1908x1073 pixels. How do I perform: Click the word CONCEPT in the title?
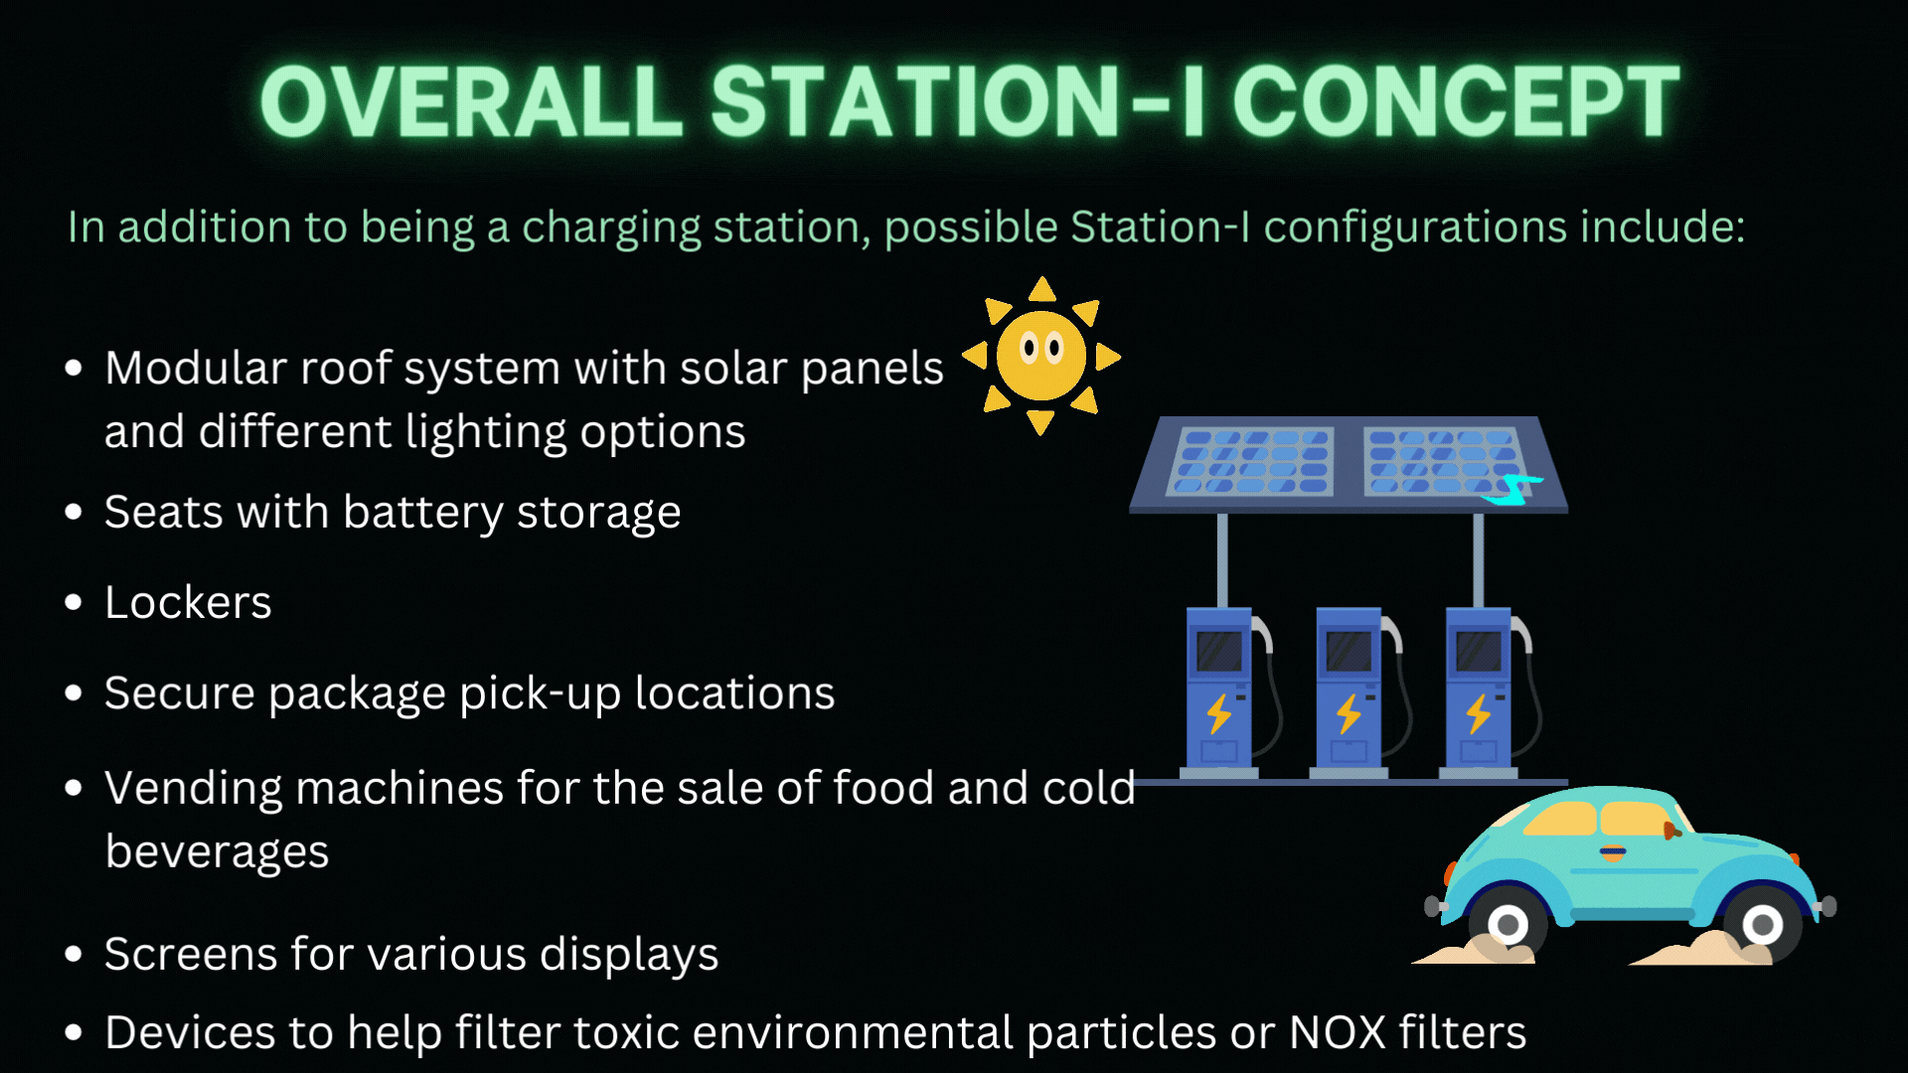pos(1456,101)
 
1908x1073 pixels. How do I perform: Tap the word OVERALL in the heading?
pos(471,101)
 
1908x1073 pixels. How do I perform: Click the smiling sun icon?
pos(1041,356)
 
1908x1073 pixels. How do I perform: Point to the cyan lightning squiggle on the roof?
pos(1511,490)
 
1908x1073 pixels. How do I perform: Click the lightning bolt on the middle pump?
pos(1349,713)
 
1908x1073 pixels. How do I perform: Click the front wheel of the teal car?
pos(1762,925)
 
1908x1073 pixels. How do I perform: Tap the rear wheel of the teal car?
pos(1508,925)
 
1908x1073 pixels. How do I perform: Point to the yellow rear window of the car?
pos(1559,820)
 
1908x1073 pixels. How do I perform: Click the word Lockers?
pos(188,602)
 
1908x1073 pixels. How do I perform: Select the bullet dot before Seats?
pos(73,513)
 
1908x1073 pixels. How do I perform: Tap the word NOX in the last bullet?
pos(1338,1032)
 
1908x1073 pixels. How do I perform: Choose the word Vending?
pos(194,789)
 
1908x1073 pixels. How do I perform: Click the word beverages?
pos(217,852)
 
